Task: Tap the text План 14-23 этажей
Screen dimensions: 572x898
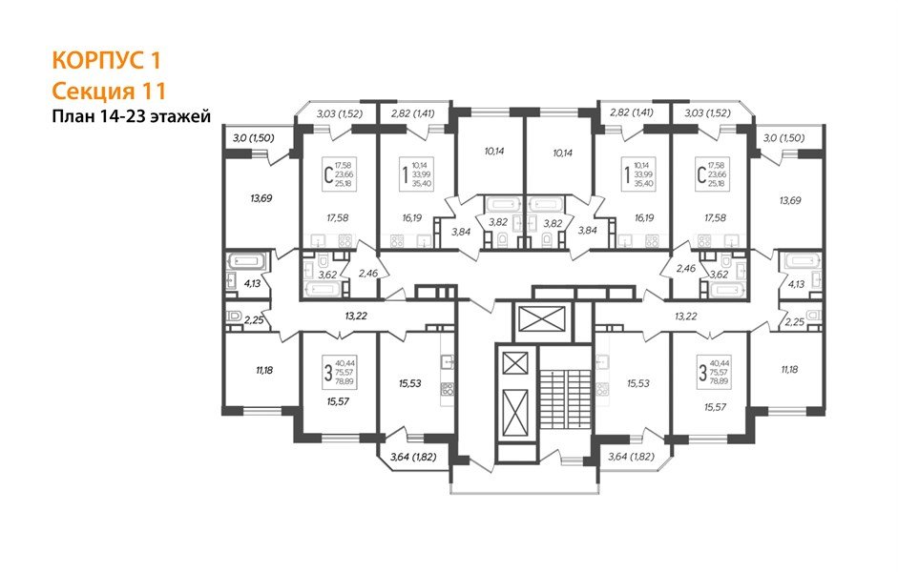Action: [130, 117]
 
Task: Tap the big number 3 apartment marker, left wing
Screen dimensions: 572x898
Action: [329, 371]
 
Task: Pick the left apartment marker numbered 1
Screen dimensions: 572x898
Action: [406, 174]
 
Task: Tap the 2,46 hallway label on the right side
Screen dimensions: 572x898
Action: [683, 270]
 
